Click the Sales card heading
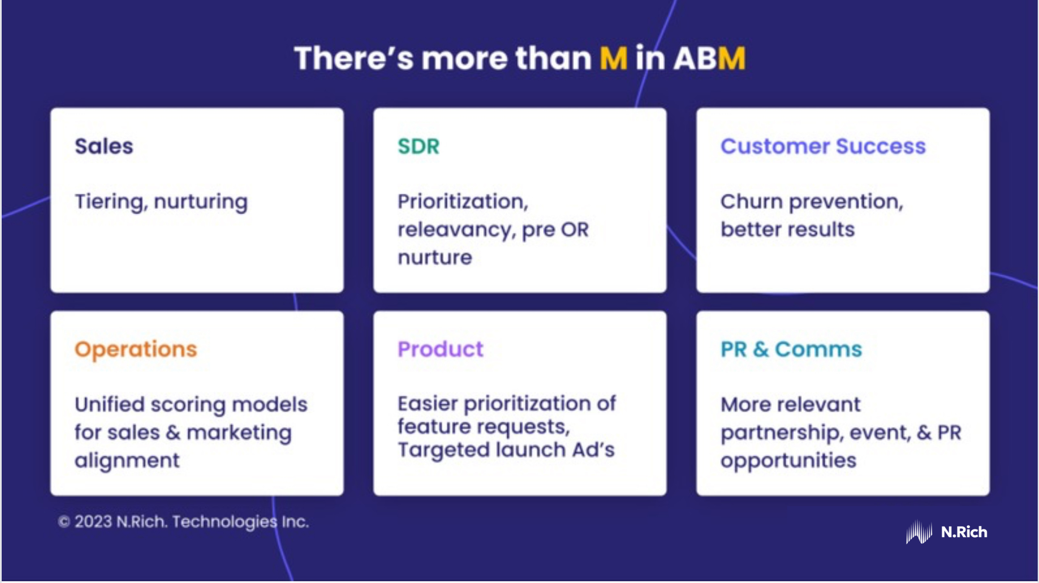(104, 147)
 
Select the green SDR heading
(419, 147)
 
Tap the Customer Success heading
(823, 147)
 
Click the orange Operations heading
(136, 349)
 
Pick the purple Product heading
(440, 349)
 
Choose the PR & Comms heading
(791, 349)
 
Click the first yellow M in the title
(613, 58)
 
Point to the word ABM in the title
(710, 58)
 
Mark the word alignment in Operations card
(127, 461)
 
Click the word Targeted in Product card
(443, 450)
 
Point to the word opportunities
(788, 461)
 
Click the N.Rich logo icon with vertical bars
(919, 532)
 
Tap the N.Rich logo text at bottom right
(964, 532)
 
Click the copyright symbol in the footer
(64, 521)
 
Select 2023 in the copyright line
(93, 521)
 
